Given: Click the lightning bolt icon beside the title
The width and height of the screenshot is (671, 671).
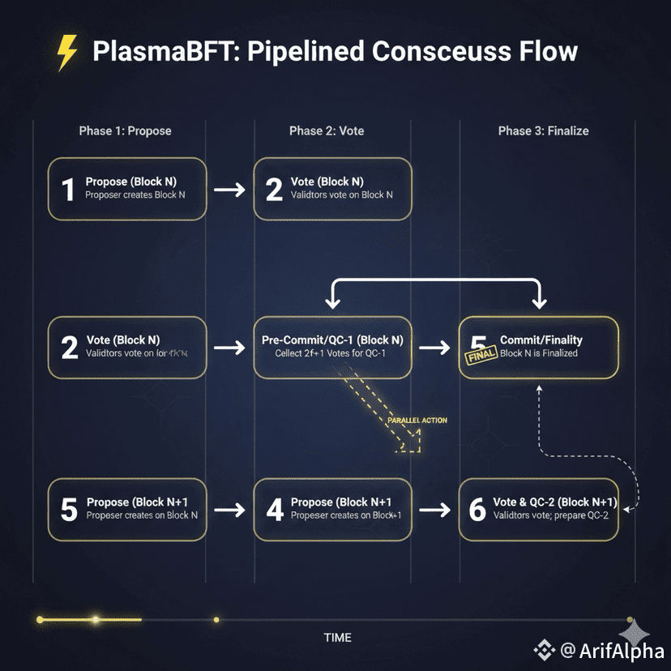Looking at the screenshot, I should [x=67, y=53].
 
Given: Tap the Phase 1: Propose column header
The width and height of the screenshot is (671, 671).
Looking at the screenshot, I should [x=125, y=130].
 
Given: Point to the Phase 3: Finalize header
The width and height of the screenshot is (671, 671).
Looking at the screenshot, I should [x=543, y=130].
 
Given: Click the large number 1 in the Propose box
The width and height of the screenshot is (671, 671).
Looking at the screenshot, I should [x=68, y=190].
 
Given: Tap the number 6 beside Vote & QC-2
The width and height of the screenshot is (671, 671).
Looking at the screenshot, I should [x=478, y=509].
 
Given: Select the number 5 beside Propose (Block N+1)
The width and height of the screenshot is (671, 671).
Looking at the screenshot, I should [x=70, y=509].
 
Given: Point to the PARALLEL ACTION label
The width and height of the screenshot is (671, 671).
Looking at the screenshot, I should [x=417, y=421].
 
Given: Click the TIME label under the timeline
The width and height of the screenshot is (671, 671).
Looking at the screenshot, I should [x=337, y=637].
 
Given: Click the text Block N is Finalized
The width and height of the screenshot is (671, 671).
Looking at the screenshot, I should [x=539, y=353].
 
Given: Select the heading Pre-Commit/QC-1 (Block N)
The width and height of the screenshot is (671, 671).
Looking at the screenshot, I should [x=332, y=340].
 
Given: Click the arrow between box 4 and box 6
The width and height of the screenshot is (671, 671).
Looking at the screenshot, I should [x=436, y=510].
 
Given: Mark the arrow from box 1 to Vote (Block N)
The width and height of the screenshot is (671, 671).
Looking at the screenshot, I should [x=230, y=190].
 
